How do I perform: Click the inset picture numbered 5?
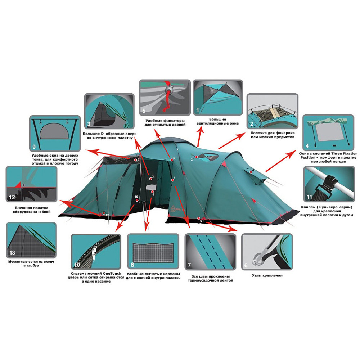click(x=165, y=98)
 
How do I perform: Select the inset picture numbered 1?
click(x=218, y=97)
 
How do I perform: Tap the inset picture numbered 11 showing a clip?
click(x=329, y=184)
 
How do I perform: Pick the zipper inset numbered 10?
click(x=96, y=252)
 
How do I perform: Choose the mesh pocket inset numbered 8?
click(x=153, y=252)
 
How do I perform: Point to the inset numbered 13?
click(x=31, y=240)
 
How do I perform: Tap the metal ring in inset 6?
click(x=258, y=258)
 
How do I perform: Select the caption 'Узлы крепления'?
click(x=267, y=275)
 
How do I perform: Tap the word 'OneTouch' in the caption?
click(x=112, y=274)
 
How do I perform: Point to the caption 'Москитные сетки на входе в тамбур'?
click(x=31, y=264)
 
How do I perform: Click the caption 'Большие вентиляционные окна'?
click(x=217, y=121)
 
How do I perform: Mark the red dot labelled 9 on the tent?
click(x=135, y=160)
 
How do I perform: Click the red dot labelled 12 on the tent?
click(x=104, y=213)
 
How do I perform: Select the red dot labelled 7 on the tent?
click(x=172, y=180)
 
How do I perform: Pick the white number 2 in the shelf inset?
click(x=251, y=124)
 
